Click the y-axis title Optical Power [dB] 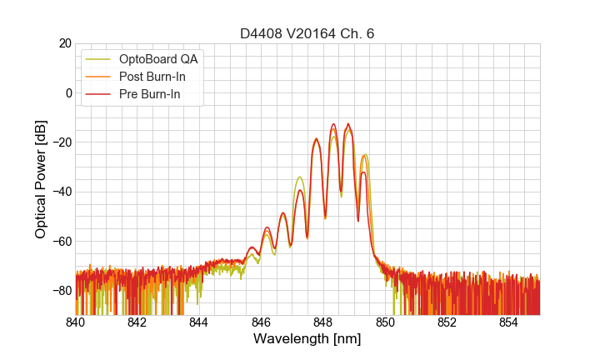41,179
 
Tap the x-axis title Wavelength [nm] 307,339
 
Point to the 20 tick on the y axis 64,43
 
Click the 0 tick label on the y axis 68,92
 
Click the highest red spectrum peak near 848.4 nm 333,124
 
